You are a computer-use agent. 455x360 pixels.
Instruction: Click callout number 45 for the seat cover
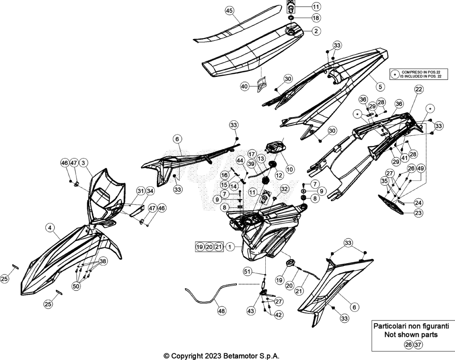229,11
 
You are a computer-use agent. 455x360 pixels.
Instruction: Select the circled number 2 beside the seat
316,31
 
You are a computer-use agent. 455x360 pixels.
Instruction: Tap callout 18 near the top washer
316,18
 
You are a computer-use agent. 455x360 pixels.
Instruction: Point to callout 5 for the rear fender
380,86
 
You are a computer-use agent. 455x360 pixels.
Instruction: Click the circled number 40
245,87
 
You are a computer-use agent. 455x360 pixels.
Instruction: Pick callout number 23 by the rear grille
418,213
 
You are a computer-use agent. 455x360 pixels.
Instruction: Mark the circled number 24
418,202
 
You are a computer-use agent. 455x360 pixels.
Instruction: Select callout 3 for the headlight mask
83,163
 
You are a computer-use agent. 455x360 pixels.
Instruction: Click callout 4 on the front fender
50,228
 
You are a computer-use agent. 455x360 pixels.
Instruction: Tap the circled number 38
103,261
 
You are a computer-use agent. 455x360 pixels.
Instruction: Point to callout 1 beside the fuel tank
230,247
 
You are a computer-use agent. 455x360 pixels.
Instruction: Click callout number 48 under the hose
221,311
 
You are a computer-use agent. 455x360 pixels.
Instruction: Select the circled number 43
251,311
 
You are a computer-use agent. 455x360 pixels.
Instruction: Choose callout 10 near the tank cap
290,169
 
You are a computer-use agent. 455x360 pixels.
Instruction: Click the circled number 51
247,272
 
